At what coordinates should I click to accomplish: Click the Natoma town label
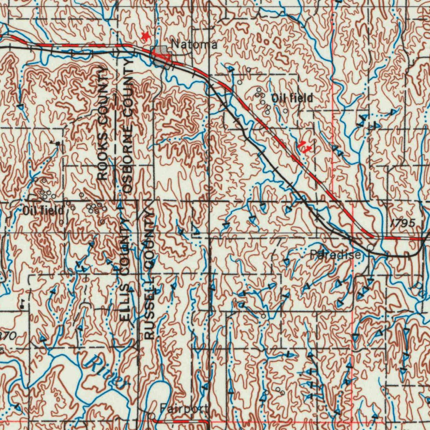(x=194, y=44)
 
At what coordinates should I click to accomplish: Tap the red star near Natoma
(x=146, y=36)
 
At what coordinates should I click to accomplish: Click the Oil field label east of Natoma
(x=292, y=98)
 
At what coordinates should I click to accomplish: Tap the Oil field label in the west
(x=43, y=210)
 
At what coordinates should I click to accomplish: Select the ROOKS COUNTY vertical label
(x=102, y=123)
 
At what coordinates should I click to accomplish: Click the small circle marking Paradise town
(x=370, y=247)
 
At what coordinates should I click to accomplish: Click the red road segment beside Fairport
(x=181, y=420)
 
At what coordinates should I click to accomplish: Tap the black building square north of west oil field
(x=58, y=144)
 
